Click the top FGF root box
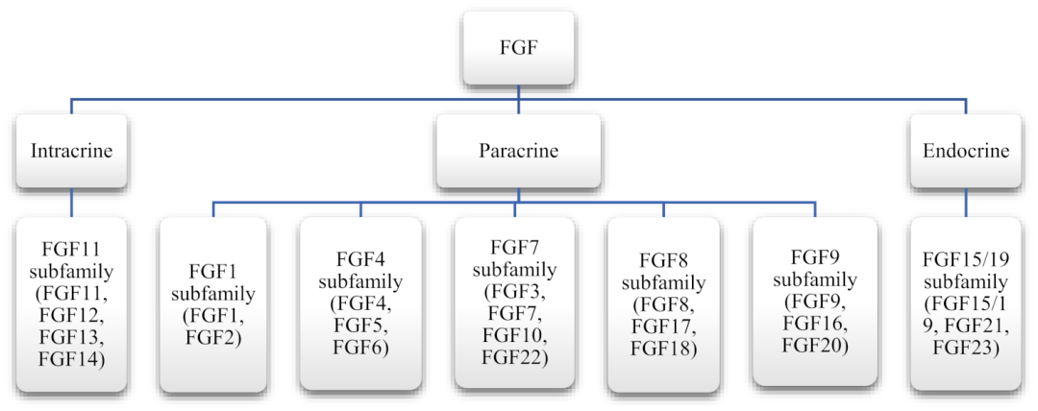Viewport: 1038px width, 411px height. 519,44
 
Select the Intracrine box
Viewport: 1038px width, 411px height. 72,151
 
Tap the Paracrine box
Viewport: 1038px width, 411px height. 518,151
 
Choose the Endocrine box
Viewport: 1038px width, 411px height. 965,151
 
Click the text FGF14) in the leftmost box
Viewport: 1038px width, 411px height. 72,363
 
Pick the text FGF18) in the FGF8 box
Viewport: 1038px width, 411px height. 663,349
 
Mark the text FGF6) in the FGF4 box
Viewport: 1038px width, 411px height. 360,349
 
